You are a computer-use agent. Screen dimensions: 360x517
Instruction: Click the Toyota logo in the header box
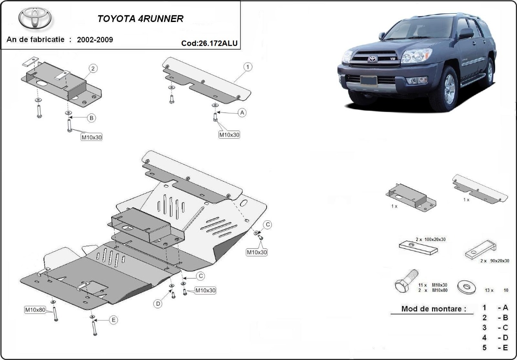click(35, 19)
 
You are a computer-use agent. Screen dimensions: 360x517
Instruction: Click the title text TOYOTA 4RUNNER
click(140, 19)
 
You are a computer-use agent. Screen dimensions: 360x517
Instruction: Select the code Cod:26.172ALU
click(209, 43)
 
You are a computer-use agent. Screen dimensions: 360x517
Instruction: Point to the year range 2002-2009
click(95, 40)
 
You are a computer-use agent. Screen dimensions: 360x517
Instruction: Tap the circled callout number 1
click(248, 67)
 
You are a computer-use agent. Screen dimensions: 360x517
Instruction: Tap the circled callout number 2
click(93, 68)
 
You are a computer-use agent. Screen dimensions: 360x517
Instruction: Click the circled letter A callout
click(242, 113)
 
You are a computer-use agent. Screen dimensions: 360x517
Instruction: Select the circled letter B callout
click(91, 118)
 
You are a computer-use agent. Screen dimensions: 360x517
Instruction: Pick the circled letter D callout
click(158, 304)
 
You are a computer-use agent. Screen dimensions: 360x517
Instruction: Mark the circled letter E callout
click(113, 320)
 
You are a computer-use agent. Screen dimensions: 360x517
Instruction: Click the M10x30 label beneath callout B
click(91, 138)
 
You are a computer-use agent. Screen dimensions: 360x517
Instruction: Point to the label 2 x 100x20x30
click(431, 239)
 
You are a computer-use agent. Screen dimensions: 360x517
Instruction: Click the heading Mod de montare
click(433, 309)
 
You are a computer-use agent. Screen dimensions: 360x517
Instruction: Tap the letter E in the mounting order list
click(505, 348)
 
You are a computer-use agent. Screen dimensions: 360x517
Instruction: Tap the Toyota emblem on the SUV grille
click(372, 59)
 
